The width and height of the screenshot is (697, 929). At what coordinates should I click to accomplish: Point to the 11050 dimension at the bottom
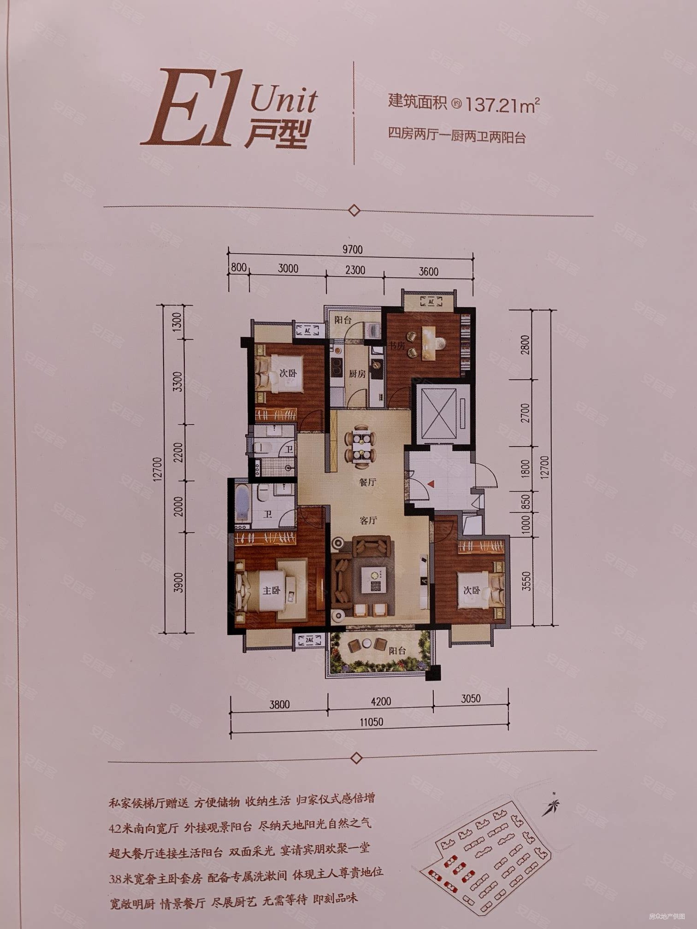371,722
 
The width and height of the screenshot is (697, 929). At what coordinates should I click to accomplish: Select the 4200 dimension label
380,701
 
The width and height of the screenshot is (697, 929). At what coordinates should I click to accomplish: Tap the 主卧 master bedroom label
271,590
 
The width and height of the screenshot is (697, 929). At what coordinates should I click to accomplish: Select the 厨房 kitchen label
357,374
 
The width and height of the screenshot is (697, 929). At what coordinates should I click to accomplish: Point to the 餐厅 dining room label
367,482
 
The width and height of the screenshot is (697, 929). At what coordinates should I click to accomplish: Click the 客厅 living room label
368,520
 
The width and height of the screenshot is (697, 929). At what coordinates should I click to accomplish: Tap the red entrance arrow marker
430,484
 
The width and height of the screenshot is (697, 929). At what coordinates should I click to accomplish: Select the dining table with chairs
360,446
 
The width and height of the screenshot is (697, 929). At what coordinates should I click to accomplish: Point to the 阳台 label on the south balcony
397,651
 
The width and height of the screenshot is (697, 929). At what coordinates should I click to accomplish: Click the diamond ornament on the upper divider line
354,211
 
